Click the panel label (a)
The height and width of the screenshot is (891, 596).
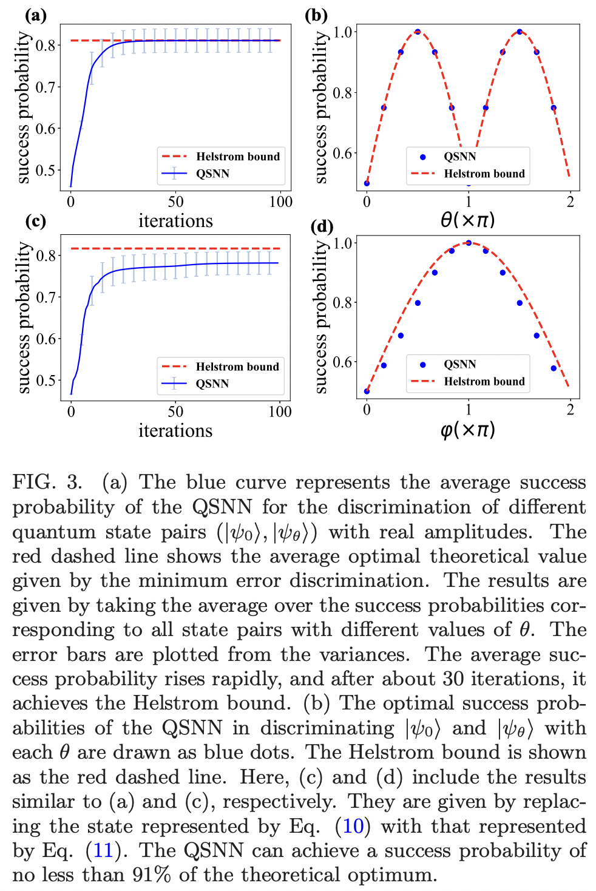(35, 14)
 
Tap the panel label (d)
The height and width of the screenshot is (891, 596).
(322, 226)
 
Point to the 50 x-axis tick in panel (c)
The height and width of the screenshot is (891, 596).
(175, 412)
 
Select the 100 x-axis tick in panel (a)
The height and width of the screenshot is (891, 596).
(280, 202)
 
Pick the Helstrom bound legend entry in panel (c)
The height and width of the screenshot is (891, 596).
(237, 367)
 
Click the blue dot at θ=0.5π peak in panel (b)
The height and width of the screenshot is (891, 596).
(418, 32)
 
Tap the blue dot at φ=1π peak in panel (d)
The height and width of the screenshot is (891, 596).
(469, 243)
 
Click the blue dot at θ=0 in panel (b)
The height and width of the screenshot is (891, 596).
(367, 183)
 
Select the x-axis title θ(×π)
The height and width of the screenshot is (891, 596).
(467, 220)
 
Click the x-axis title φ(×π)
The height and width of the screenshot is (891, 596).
(467, 430)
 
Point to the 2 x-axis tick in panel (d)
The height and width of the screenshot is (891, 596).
(570, 410)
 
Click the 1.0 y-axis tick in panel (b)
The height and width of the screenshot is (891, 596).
(344, 32)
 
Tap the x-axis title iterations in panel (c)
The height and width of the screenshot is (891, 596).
(175, 431)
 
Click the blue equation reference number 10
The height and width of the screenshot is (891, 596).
(353, 826)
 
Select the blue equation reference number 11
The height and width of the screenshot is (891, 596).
(103, 850)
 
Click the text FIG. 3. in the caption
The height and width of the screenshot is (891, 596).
(47, 482)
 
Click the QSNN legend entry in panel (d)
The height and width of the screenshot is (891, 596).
(459, 364)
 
